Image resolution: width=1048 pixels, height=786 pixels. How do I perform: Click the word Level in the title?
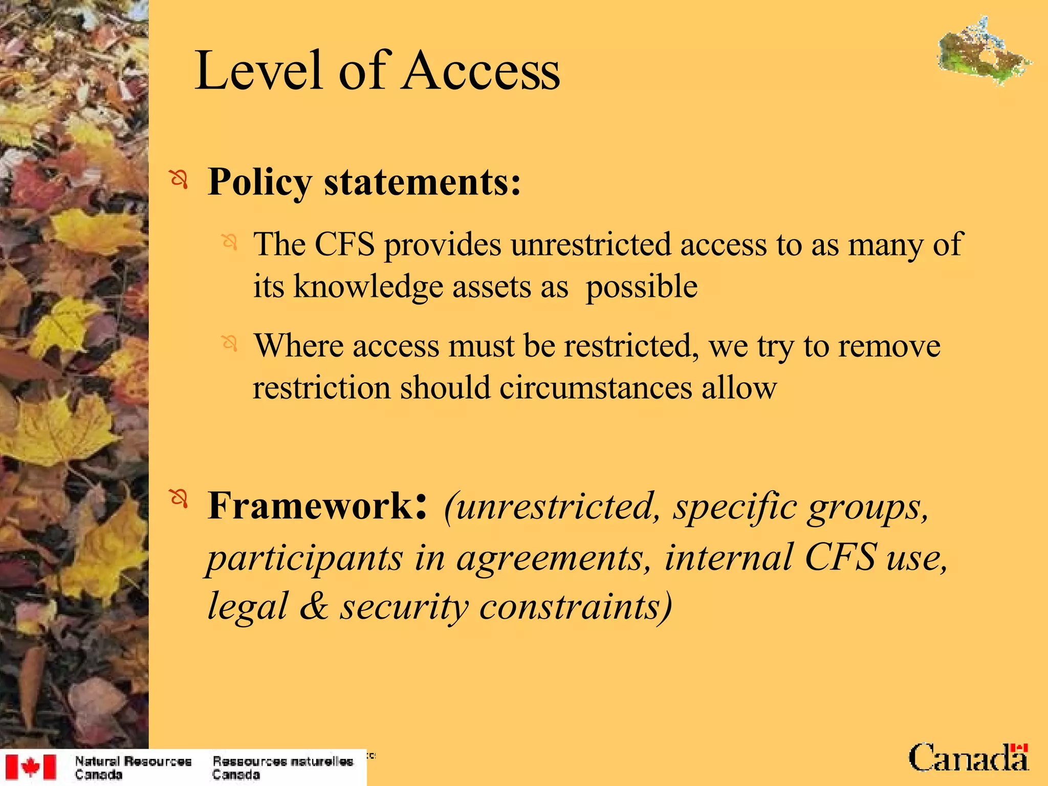(258, 72)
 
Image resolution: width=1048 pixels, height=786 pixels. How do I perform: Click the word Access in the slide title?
(481, 72)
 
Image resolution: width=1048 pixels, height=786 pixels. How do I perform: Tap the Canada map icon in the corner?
(984, 51)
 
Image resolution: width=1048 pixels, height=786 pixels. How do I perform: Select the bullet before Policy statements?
(179, 180)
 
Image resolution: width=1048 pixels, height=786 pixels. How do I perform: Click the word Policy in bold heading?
(260, 183)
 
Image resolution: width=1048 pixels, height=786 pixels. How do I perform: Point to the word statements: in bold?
(423, 182)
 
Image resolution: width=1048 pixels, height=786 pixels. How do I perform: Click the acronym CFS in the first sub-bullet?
(344, 244)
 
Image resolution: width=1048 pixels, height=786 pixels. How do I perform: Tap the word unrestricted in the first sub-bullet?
(591, 244)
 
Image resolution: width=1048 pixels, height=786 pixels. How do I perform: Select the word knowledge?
(368, 287)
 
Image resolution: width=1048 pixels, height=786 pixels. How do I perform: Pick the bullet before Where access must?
(230, 343)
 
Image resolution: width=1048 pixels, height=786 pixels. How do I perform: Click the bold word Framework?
(310, 506)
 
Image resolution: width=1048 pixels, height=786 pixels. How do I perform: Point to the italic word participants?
(305, 558)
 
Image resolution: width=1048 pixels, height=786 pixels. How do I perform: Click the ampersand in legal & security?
(314, 606)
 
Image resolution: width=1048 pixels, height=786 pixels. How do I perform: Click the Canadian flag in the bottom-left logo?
(30, 767)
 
